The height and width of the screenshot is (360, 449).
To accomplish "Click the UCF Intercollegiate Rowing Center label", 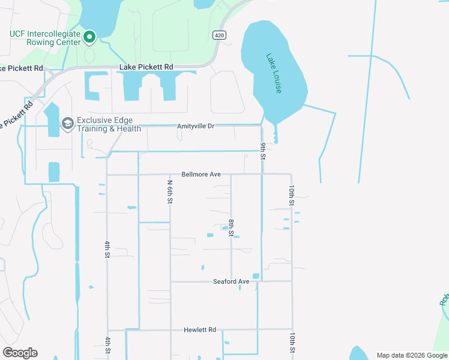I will click(x=44, y=38).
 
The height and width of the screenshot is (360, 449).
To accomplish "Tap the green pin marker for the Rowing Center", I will click(x=89, y=37).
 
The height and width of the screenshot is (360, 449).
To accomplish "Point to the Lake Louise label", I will click(x=274, y=73).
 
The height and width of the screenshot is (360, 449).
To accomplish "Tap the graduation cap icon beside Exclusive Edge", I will click(x=67, y=124).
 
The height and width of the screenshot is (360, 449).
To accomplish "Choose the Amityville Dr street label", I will click(x=196, y=126).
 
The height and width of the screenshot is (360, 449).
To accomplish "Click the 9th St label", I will click(x=263, y=151).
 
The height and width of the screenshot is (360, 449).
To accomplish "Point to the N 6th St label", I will click(x=170, y=191).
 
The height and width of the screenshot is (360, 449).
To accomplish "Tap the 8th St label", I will click(x=231, y=228).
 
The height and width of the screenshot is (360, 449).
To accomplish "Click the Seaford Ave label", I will click(x=231, y=281).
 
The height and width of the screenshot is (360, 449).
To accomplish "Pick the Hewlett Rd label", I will click(x=200, y=330).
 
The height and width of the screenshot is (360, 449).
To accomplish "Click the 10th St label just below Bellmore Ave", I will click(x=291, y=195).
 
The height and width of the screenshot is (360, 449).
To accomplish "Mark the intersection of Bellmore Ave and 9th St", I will click(x=262, y=174).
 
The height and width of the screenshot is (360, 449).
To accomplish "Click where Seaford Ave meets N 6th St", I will click(x=170, y=281).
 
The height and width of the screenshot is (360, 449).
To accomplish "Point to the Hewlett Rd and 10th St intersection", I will click(x=292, y=329).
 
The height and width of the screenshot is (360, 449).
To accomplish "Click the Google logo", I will click(x=20, y=353).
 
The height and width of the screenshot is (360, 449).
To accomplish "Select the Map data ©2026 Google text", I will click(x=412, y=355).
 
